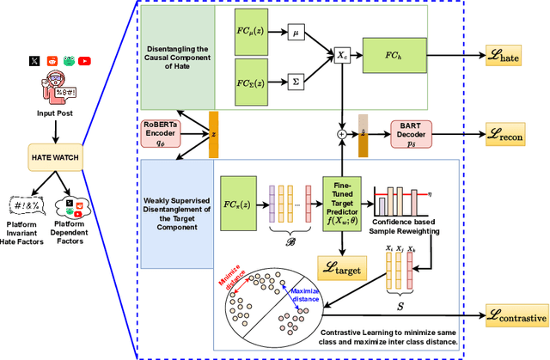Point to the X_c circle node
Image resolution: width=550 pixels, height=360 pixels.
click(x=343, y=54)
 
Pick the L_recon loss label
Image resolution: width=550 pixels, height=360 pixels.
click(x=511, y=135)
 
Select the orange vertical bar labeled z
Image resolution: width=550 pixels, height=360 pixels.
click(x=212, y=135)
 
